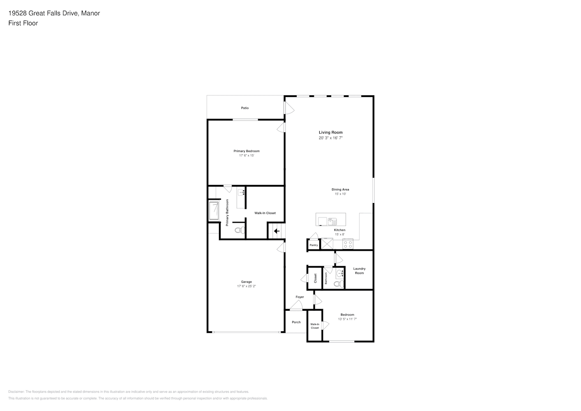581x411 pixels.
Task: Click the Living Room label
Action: click(330, 132)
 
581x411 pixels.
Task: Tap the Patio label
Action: click(245, 108)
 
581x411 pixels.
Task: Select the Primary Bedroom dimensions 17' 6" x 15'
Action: click(247, 155)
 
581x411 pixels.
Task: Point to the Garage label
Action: click(247, 282)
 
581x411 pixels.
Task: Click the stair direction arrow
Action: click(277, 231)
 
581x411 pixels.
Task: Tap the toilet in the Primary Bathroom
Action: click(240, 230)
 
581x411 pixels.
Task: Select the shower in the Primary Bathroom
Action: click(214, 211)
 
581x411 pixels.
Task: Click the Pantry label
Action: click(314, 245)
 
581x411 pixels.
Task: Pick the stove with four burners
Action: click(348, 244)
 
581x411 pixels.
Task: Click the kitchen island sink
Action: click(332, 222)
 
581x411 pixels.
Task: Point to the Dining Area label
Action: click(340, 189)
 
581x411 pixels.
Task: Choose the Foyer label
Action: click(300, 297)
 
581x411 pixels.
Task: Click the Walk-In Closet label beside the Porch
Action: click(315, 326)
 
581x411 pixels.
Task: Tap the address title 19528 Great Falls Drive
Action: click(43, 13)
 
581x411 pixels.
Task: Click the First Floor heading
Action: click(23, 23)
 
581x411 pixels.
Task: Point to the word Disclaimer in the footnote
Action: click(16, 392)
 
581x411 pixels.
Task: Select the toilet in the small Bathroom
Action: click(339, 284)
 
